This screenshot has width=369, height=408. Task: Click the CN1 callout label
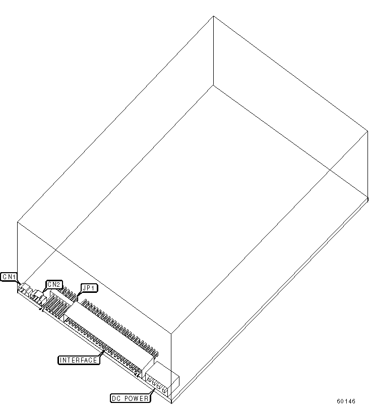tap(9, 277)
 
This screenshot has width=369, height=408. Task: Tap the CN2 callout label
tap(54, 284)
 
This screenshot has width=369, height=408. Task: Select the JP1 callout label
tap(89, 288)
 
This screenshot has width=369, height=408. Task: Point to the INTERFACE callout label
tap(79, 360)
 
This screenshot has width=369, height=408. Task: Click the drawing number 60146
tap(346, 401)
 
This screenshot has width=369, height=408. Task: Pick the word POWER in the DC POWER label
tap(136, 398)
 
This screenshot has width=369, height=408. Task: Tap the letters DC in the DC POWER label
tap(116, 398)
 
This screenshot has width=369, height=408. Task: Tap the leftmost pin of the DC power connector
tap(149, 379)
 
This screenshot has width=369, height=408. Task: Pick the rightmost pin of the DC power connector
tap(164, 390)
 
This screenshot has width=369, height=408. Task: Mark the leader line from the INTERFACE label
tap(102, 353)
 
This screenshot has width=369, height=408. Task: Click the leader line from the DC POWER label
tap(153, 391)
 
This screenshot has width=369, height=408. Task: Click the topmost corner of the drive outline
tap(213, 16)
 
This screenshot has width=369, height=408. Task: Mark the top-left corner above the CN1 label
tap(18, 222)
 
